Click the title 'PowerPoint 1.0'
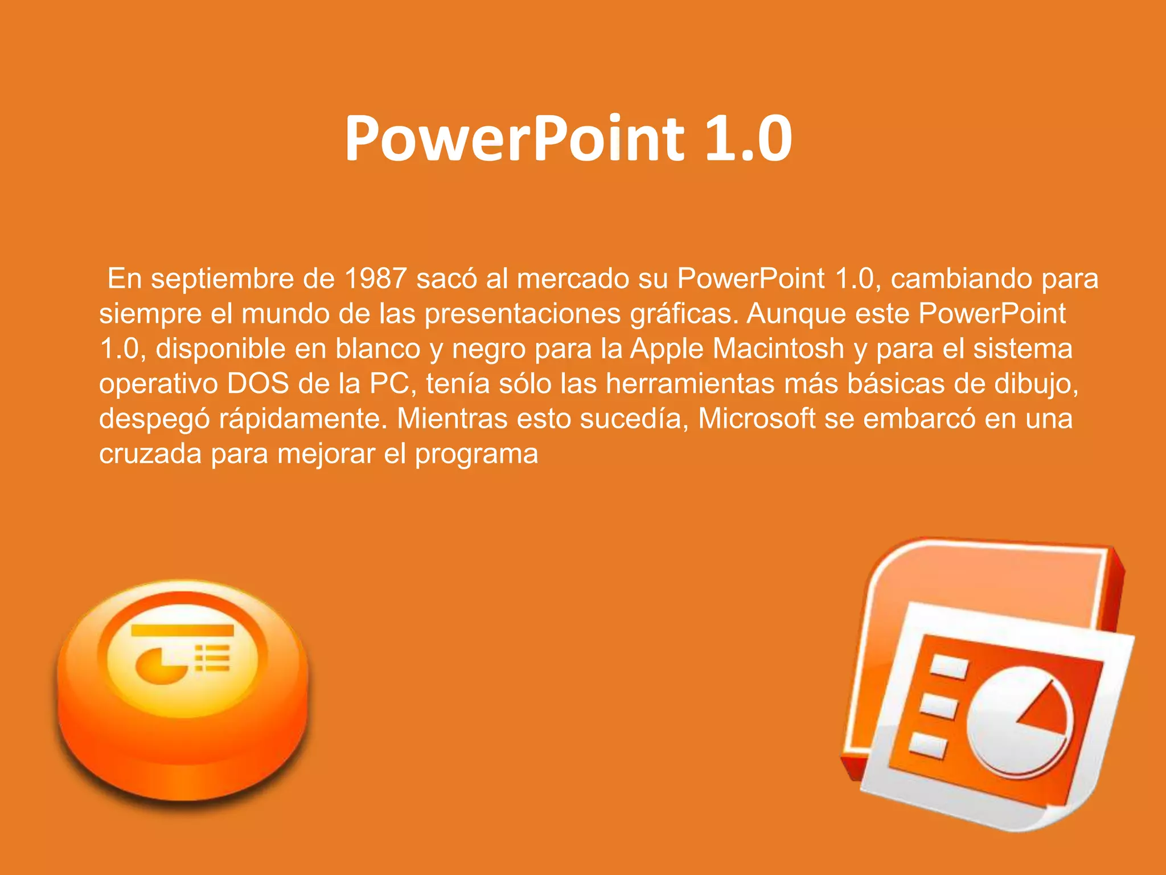[x=568, y=138]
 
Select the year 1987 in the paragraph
[x=375, y=279]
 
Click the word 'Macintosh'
[x=778, y=349]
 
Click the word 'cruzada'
[x=150, y=454]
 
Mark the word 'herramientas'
[x=690, y=383]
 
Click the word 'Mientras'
[x=452, y=419]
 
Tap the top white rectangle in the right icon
[x=948, y=667]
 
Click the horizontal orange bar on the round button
[x=182, y=630]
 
